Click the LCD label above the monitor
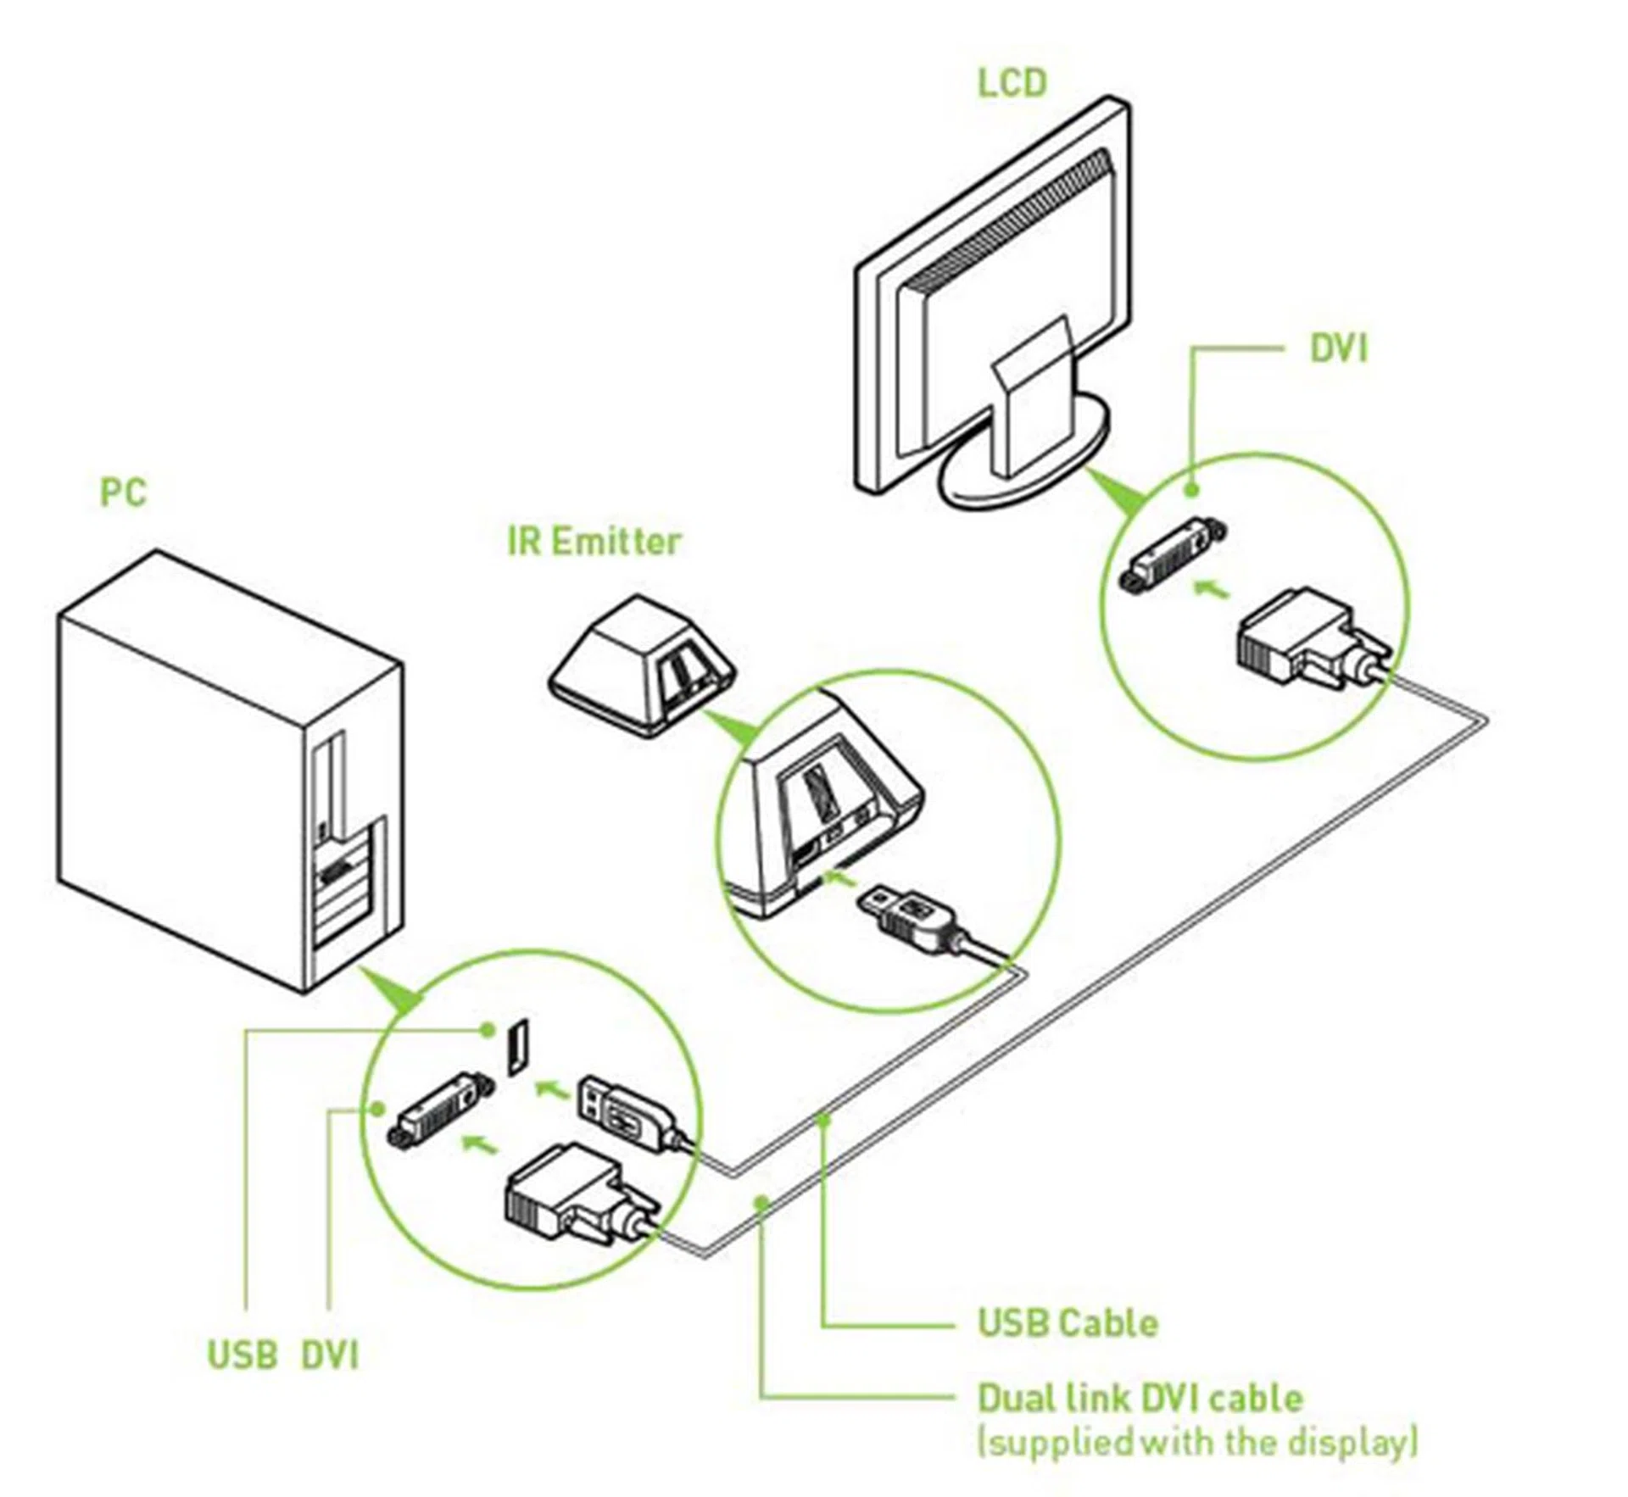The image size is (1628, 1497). tap(1012, 83)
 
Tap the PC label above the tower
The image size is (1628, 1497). tap(123, 493)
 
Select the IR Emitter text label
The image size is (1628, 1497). tap(594, 542)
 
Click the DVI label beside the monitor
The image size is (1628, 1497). tap(1339, 348)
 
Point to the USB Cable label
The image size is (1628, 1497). tap(1068, 1322)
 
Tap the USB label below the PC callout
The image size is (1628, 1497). tap(243, 1355)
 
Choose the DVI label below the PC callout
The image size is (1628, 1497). tap(330, 1355)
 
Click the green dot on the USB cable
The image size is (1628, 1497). tap(822, 1120)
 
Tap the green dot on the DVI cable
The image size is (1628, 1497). tap(762, 1201)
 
